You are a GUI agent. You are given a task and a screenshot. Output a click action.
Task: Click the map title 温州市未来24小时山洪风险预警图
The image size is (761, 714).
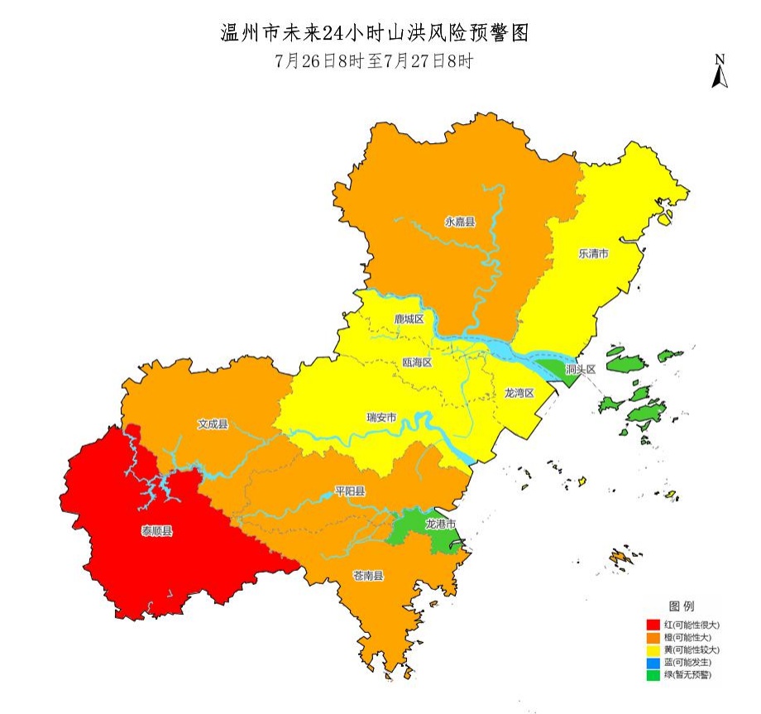click(x=374, y=33)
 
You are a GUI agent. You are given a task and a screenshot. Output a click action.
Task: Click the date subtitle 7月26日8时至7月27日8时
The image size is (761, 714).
click(x=374, y=61)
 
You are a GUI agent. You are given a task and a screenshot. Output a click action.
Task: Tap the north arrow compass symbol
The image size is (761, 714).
click(x=720, y=72)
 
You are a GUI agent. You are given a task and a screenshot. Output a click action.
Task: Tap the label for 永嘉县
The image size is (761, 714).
click(x=461, y=222)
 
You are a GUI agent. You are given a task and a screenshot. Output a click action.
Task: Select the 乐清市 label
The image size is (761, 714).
click(x=593, y=254)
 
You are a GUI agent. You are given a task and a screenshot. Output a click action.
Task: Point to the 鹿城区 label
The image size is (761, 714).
click(x=409, y=319)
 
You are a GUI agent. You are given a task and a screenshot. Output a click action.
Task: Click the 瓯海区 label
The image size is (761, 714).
click(x=417, y=362)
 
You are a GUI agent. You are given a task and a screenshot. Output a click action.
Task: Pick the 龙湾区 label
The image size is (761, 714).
click(x=520, y=393)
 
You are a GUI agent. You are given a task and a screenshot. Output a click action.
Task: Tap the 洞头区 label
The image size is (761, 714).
click(x=580, y=369)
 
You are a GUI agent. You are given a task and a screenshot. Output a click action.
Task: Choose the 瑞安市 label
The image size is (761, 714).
click(x=381, y=417)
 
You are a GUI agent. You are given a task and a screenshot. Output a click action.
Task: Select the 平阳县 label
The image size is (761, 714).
click(x=350, y=491)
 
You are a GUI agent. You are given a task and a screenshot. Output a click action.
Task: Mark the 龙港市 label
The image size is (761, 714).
click(x=440, y=525)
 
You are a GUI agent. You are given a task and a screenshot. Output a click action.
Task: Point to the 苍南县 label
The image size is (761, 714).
click(x=368, y=576)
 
